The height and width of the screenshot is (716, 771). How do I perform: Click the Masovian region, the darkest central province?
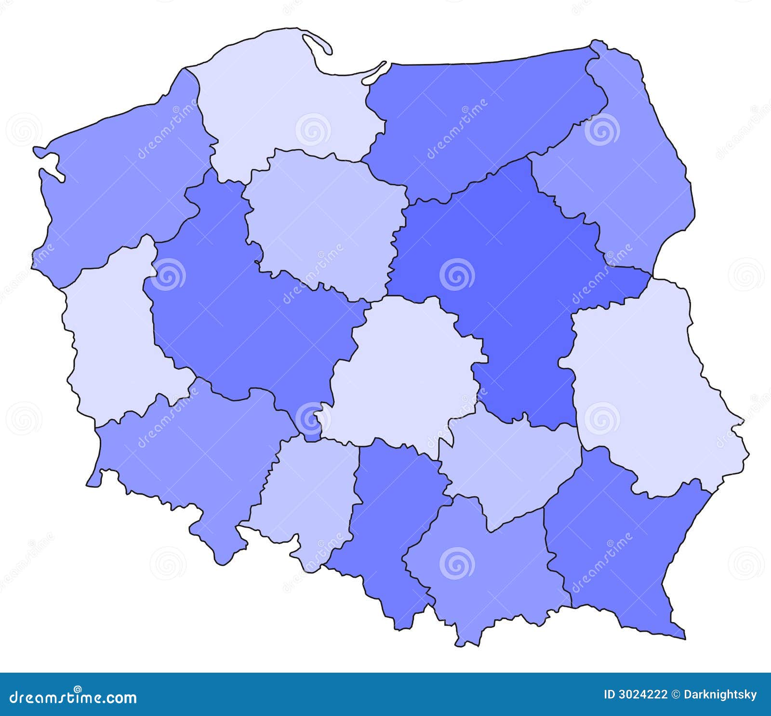[501, 270]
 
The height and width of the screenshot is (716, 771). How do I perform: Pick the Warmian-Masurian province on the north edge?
[482, 120]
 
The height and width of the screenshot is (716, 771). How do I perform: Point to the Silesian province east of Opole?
[390, 520]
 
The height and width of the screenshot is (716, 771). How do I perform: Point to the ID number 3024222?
[636, 694]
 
